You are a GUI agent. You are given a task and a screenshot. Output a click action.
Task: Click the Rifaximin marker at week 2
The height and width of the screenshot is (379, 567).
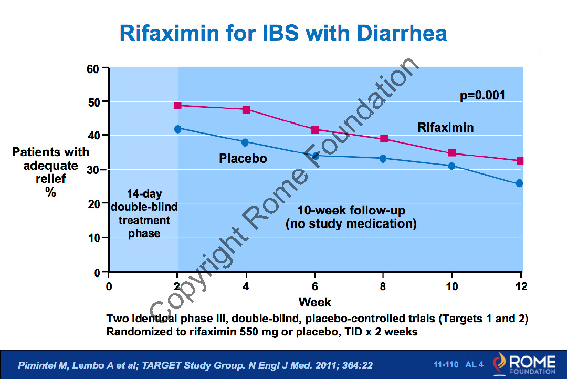click(x=178, y=105)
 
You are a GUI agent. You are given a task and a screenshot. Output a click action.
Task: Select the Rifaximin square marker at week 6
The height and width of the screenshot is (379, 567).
click(x=316, y=130)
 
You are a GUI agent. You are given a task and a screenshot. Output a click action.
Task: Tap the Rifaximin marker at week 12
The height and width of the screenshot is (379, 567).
click(x=520, y=161)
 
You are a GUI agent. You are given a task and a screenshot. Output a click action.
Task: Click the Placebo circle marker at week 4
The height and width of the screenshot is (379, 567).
click(x=245, y=142)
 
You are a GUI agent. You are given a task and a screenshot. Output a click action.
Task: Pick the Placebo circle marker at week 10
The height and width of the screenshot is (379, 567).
click(x=451, y=166)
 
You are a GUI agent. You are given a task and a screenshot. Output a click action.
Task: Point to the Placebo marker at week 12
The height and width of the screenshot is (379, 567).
click(x=520, y=183)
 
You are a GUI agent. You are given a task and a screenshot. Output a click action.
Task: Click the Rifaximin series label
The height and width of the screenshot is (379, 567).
click(x=445, y=128)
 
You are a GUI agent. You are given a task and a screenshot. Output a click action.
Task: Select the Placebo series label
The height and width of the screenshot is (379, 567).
click(x=243, y=158)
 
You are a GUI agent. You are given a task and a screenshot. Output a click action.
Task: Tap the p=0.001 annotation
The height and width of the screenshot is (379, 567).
click(x=482, y=95)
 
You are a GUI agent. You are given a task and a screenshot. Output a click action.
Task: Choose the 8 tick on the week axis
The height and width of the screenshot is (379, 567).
click(x=383, y=286)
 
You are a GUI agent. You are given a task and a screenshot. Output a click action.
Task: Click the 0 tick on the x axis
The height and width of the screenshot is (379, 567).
click(x=109, y=286)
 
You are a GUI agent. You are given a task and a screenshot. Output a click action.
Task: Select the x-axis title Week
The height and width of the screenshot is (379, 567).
click(x=315, y=302)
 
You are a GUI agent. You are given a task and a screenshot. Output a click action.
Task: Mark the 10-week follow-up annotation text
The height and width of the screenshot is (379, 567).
click(x=351, y=218)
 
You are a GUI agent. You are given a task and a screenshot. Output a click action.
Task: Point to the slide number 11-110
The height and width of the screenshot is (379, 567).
click(x=446, y=364)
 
